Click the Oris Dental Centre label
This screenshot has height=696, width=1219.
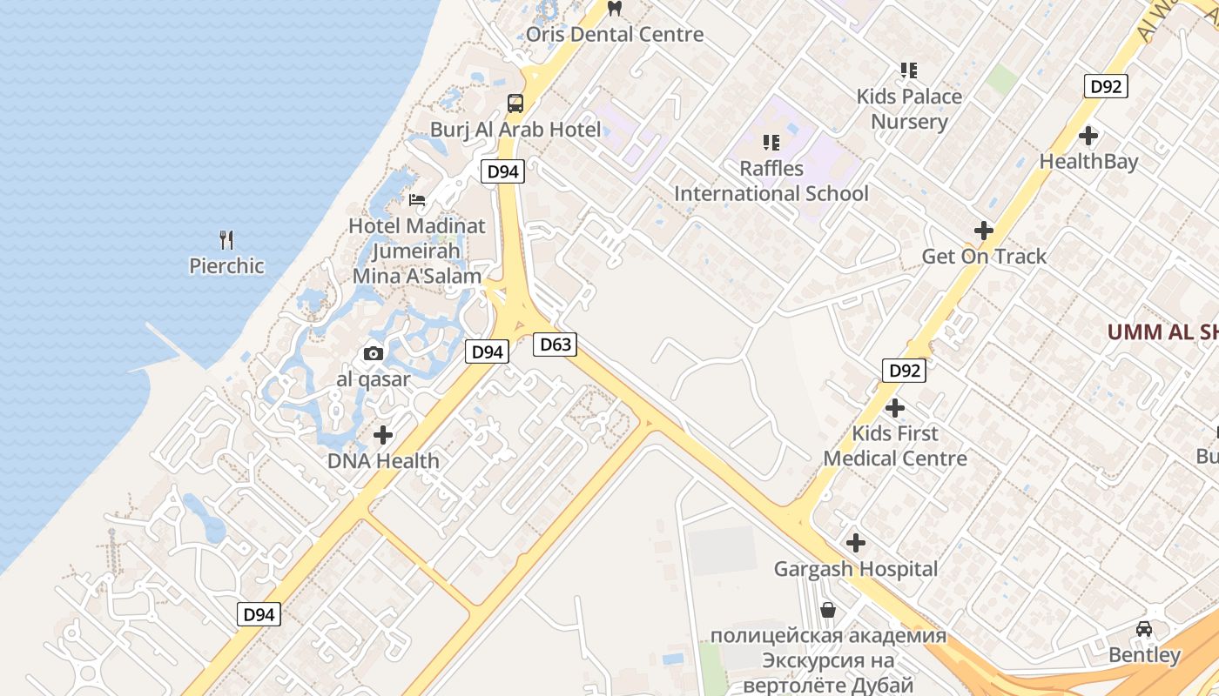[x=615, y=35]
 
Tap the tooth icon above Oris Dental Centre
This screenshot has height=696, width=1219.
[x=615, y=9]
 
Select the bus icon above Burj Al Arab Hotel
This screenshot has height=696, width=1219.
[x=515, y=104]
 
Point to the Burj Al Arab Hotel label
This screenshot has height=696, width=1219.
[x=515, y=130]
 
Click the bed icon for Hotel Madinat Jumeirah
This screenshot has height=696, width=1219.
[x=417, y=199]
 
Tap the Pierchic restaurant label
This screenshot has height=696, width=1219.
[x=226, y=265]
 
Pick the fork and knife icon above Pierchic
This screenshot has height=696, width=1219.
[x=226, y=239]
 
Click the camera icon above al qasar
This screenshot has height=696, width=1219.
[x=374, y=353]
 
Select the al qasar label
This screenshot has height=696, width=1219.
[x=374, y=379]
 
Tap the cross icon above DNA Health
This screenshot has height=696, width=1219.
[x=383, y=435]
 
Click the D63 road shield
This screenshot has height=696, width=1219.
[x=556, y=345]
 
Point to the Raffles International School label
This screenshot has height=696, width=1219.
[x=771, y=181]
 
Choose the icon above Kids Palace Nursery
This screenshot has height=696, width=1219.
[x=909, y=70]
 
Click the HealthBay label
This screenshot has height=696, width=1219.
[x=1088, y=162]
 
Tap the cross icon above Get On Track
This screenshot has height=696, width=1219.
[x=984, y=231]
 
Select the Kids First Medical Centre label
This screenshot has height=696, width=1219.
[x=895, y=445]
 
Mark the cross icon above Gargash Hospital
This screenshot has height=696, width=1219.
[x=856, y=543]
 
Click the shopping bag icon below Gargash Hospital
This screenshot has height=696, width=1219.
[x=827, y=610]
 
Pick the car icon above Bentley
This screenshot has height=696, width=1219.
[x=1144, y=628]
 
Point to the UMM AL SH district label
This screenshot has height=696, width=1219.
[x=1162, y=331]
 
